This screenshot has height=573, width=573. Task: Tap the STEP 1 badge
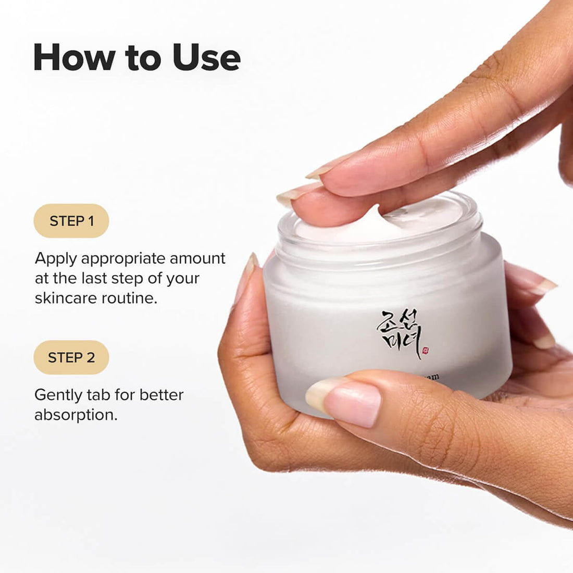click(x=71, y=221)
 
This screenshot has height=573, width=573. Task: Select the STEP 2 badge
click(x=71, y=357)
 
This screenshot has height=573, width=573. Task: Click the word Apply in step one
click(x=56, y=259)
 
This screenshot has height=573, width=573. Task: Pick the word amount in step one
click(x=198, y=258)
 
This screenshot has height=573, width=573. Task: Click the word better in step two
click(x=161, y=395)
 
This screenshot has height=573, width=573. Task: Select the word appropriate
click(x=124, y=259)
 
